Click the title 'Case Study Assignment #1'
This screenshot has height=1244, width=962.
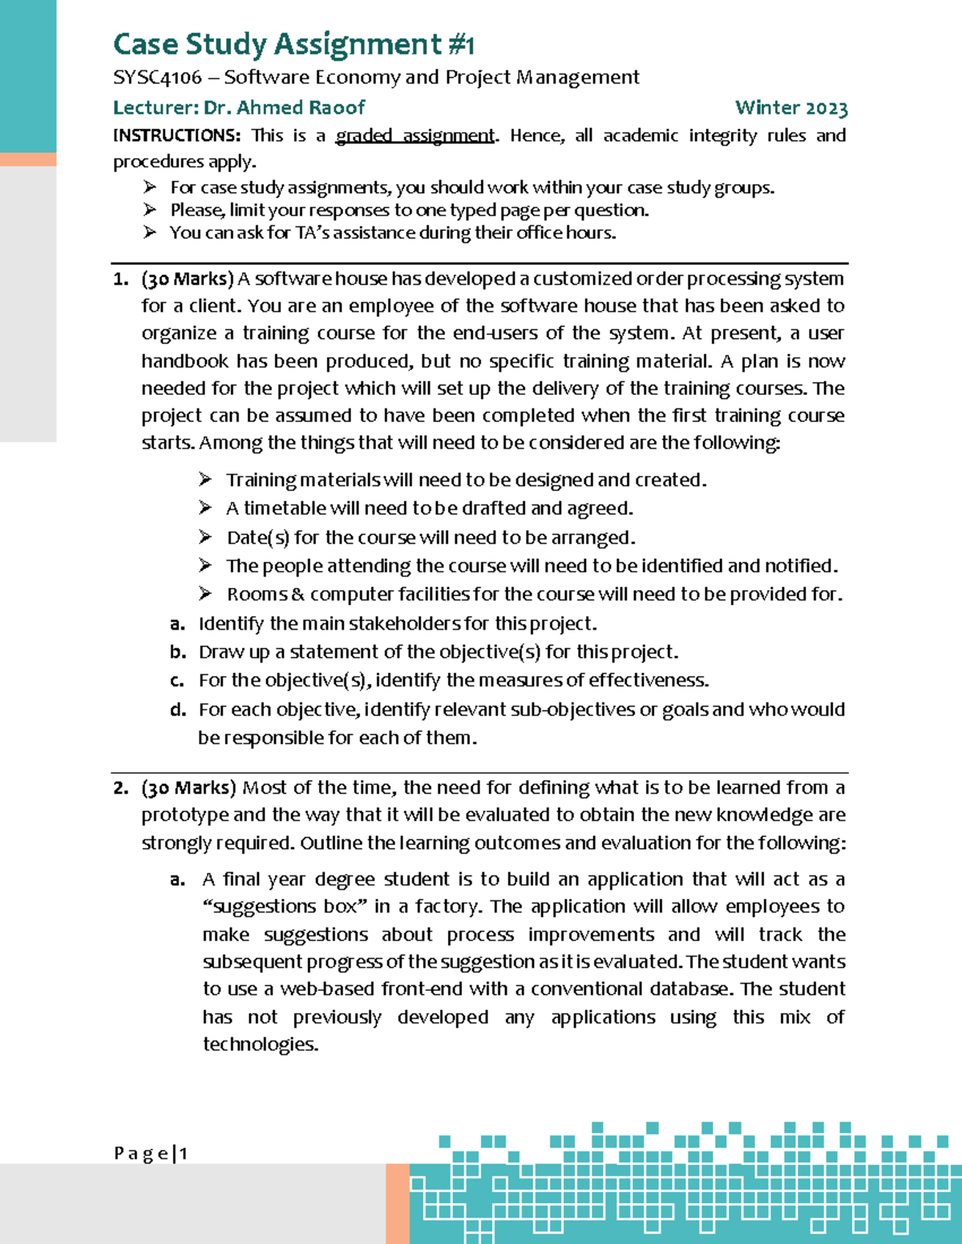coord(293,44)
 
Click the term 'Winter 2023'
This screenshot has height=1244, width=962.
coord(791,107)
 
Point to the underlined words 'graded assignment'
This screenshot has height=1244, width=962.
coord(415,135)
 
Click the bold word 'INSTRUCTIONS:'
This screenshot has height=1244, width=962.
coord(176,135)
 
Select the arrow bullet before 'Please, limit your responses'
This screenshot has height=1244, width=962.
coord(150,210)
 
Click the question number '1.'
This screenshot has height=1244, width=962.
coord(121,280)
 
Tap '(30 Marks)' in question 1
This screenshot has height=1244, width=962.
coord(188,280)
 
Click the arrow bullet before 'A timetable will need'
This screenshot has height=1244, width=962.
coord(205,508)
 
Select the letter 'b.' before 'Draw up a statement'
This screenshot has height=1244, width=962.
coord(178,652)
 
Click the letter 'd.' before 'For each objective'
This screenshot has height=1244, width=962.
coord(178,710)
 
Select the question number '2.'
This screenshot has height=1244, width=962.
coord(121,788)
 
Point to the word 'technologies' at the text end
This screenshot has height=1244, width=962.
coord(260,1045)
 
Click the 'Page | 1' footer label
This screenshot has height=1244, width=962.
coord(150,1153)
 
